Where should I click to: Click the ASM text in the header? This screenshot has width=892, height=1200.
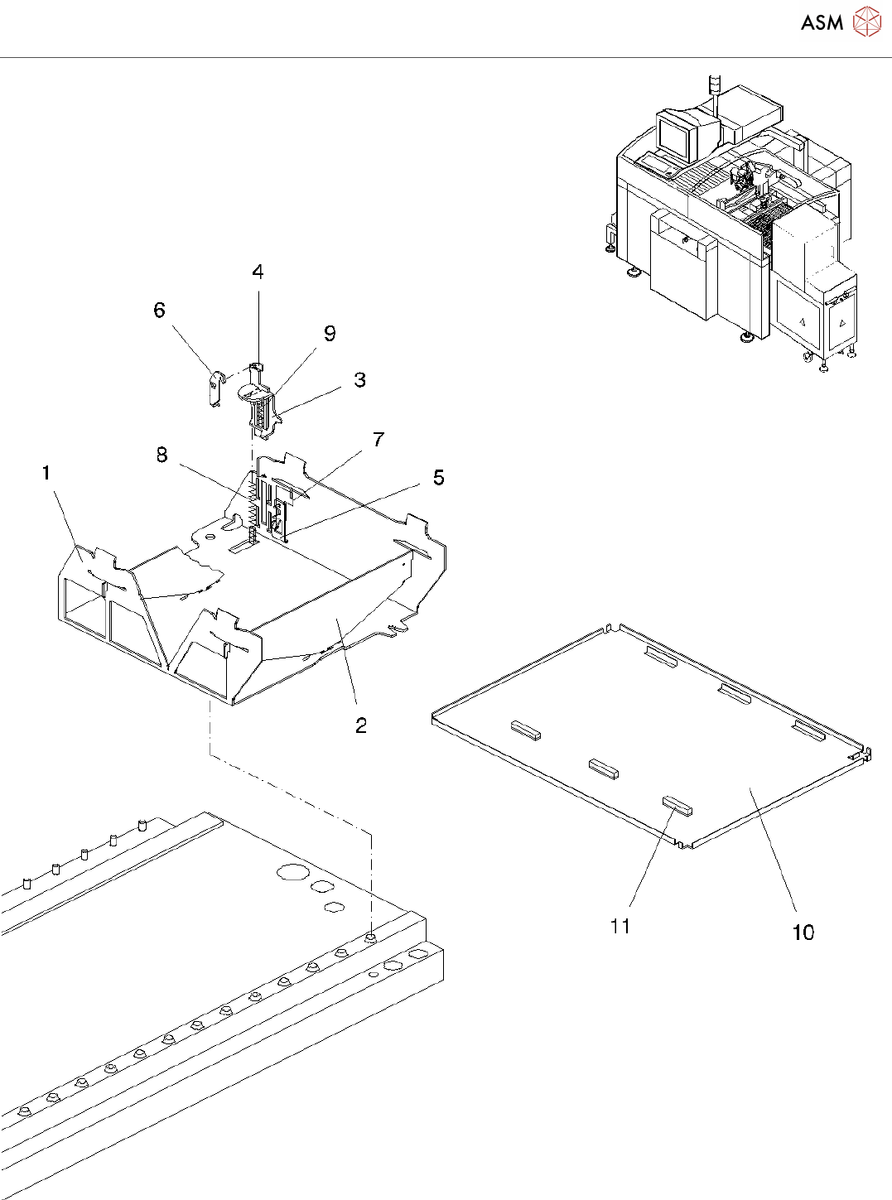click(822, 23)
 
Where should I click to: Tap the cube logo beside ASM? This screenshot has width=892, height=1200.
click(866, 22)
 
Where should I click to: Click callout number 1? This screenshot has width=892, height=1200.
click(46, 473)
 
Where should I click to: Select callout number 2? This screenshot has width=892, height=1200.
click(361, 725)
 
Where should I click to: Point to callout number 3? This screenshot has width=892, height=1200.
click(359, 380)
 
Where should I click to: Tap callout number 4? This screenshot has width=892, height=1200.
click(258, 272)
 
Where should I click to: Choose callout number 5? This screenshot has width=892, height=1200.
click(438, 478)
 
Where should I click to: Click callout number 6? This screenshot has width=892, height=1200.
click(160, 311)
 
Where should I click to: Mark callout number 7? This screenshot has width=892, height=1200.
click(378, 440)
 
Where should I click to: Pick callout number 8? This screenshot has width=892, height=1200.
click(162, 455)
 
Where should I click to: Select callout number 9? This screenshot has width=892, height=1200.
click(330, 334)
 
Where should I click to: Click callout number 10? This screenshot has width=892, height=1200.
click(803, 933)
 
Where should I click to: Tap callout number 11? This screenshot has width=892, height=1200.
click(620, 926)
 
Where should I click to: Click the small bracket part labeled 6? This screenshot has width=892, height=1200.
click(215, 388)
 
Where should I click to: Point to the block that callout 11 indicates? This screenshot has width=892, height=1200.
click(676, 804)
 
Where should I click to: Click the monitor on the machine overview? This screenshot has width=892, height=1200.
click(677, 136)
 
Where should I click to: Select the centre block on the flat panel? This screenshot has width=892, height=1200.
click(603, 768)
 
